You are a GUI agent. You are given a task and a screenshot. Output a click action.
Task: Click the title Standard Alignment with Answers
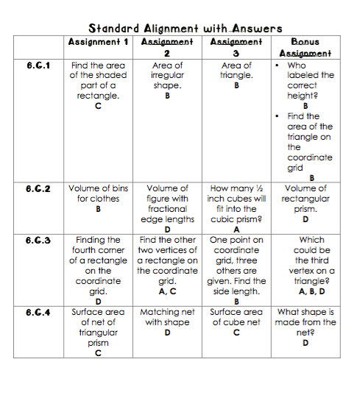[185, 29]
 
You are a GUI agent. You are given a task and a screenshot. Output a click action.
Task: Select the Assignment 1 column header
[98, 42]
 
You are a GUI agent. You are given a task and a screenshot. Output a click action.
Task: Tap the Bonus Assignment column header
[305, 48]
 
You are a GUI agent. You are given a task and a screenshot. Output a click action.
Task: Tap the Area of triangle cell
[236, 75]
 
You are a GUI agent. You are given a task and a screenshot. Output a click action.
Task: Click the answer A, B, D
[305, 291]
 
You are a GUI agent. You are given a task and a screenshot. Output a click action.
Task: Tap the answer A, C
[167, 291]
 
